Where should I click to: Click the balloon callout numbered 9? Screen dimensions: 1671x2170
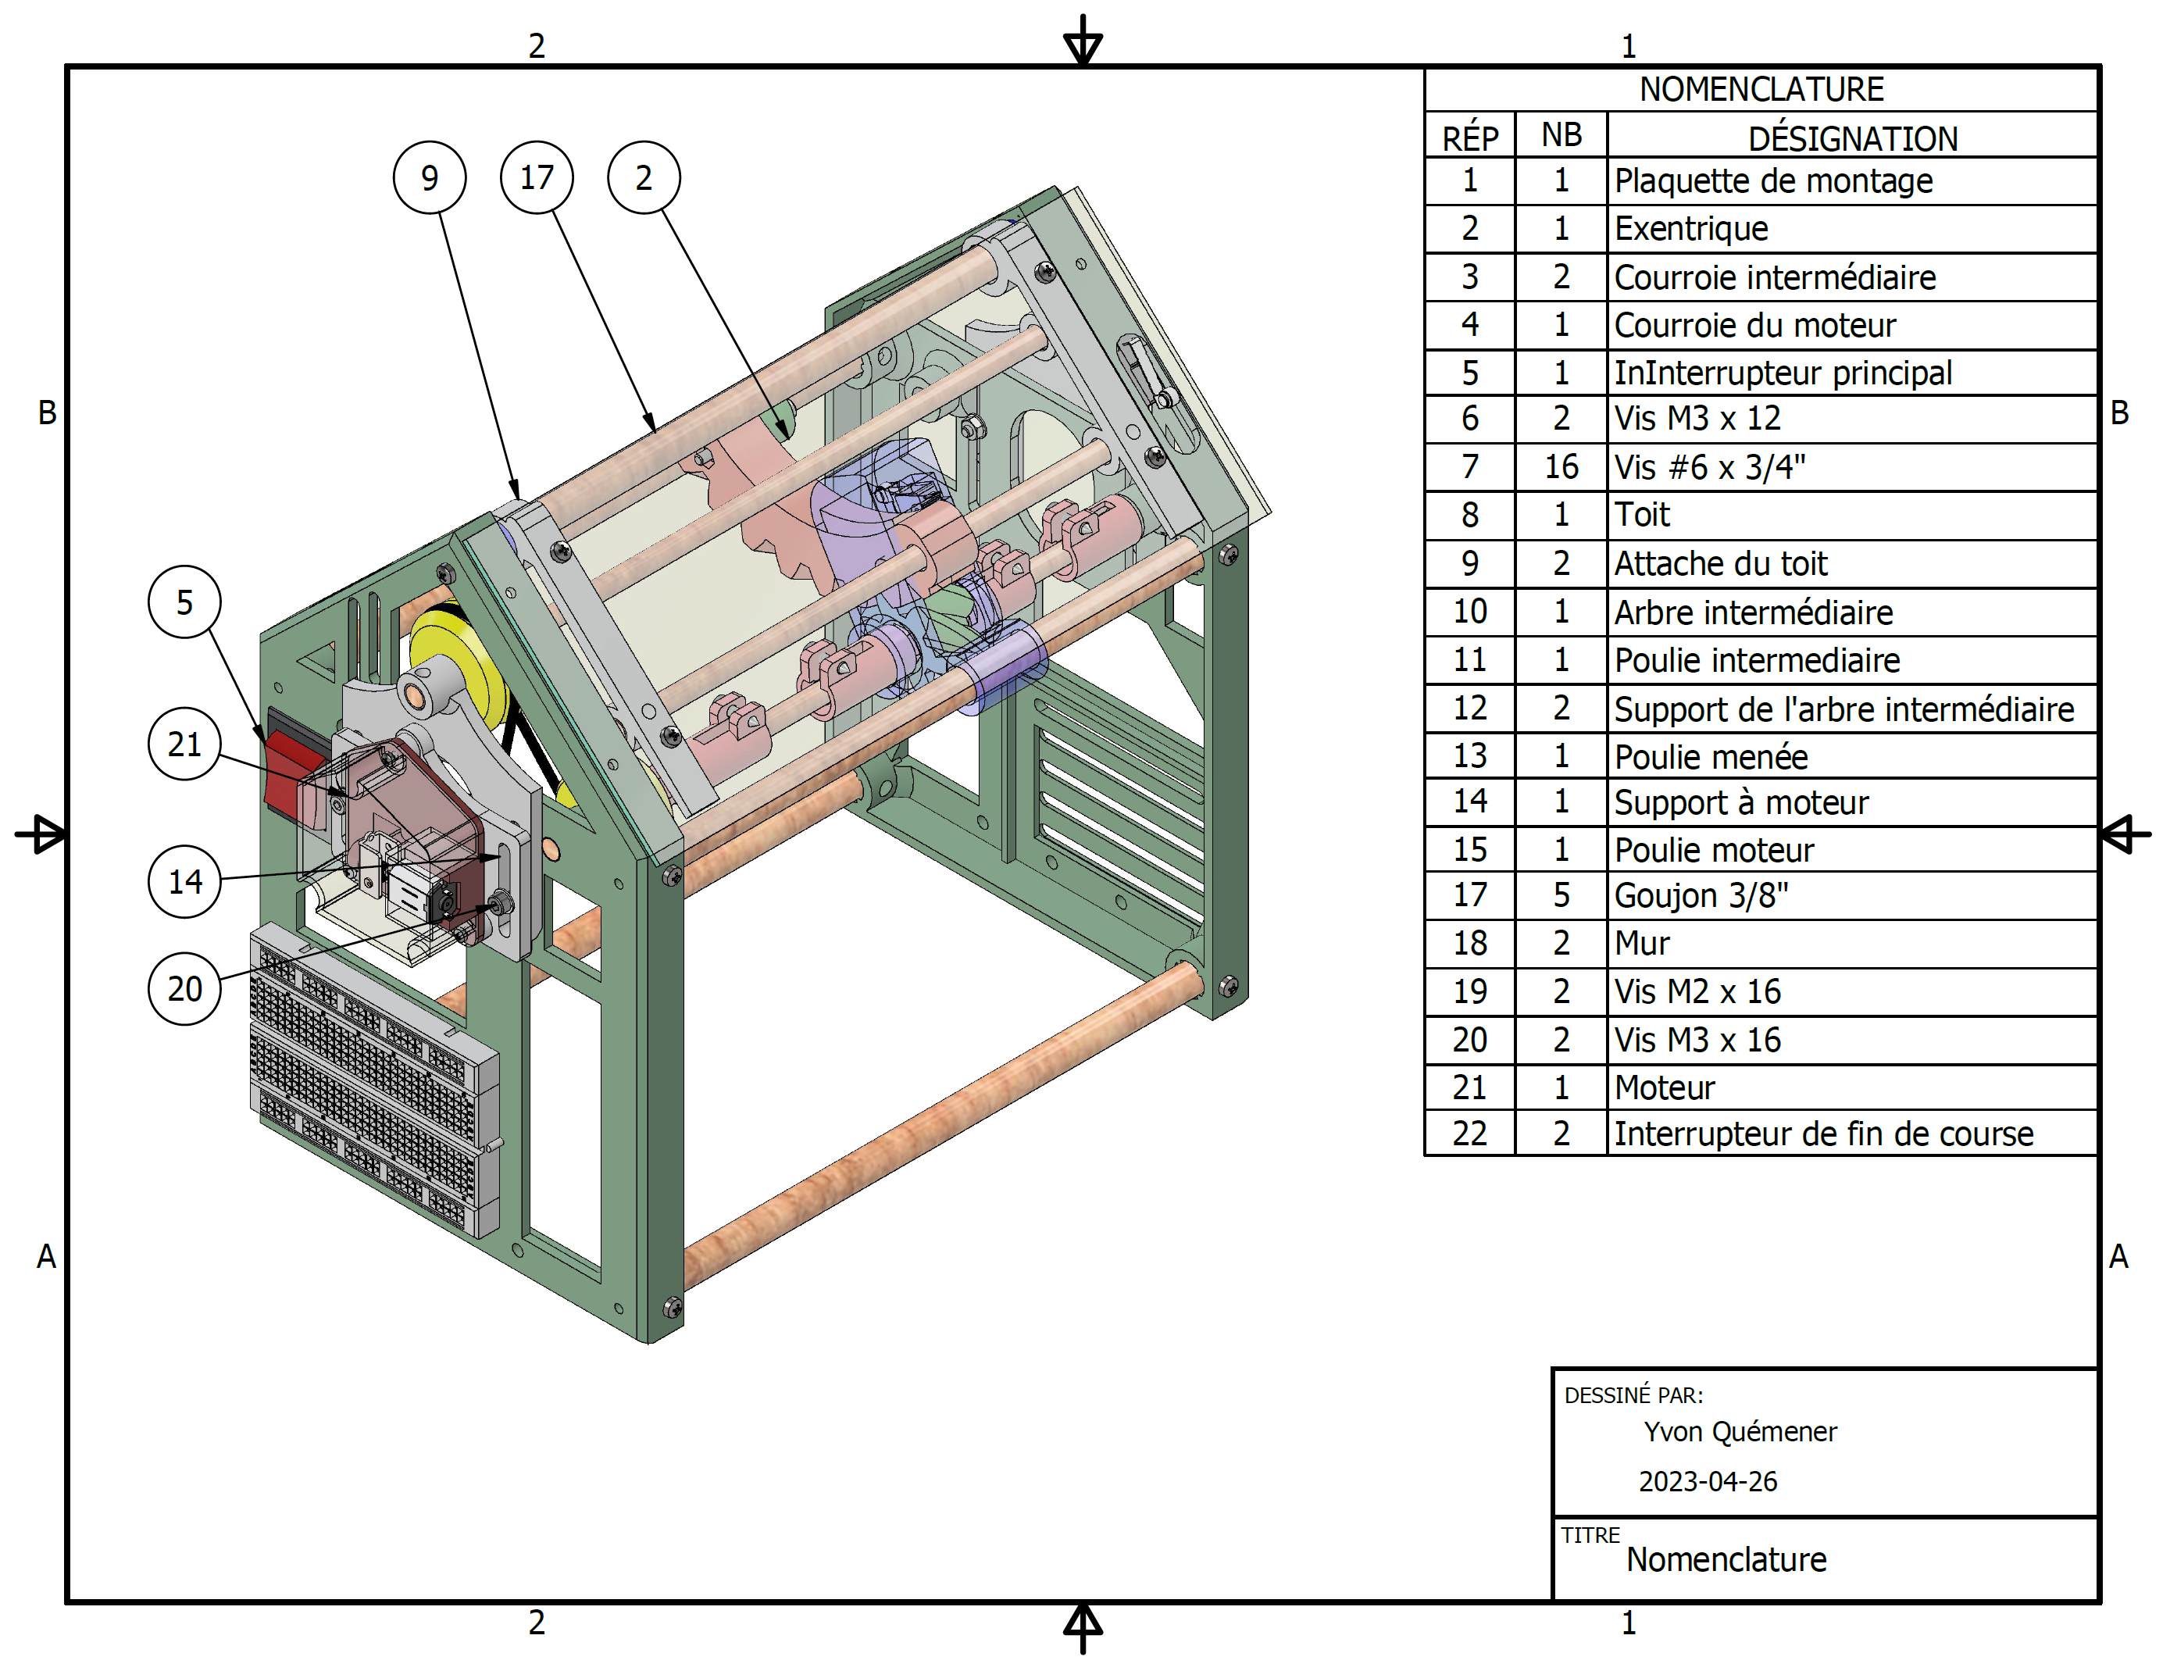tap(429, 178)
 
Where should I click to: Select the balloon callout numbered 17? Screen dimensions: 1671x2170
tap(537, 178)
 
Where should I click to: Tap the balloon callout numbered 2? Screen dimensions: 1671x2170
tap(644, 178)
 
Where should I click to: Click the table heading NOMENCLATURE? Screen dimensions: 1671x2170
tap(1761, 89)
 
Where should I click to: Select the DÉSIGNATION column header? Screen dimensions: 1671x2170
tap(1852, 138)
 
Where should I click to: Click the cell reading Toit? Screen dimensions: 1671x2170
tap(1641, 515)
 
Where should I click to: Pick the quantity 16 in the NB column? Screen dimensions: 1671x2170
tap(1561, 467)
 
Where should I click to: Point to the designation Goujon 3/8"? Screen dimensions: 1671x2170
tap(1701, 896)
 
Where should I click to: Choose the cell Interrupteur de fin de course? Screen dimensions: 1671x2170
tap(1823, 1134)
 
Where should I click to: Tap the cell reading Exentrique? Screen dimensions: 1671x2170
tap(1691, 228)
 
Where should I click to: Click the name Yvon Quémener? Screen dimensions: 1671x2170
tap(1740, 1432)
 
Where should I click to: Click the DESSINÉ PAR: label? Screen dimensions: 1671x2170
tap(1633, 1394)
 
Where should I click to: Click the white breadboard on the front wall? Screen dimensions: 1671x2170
tap(373, 1078)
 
